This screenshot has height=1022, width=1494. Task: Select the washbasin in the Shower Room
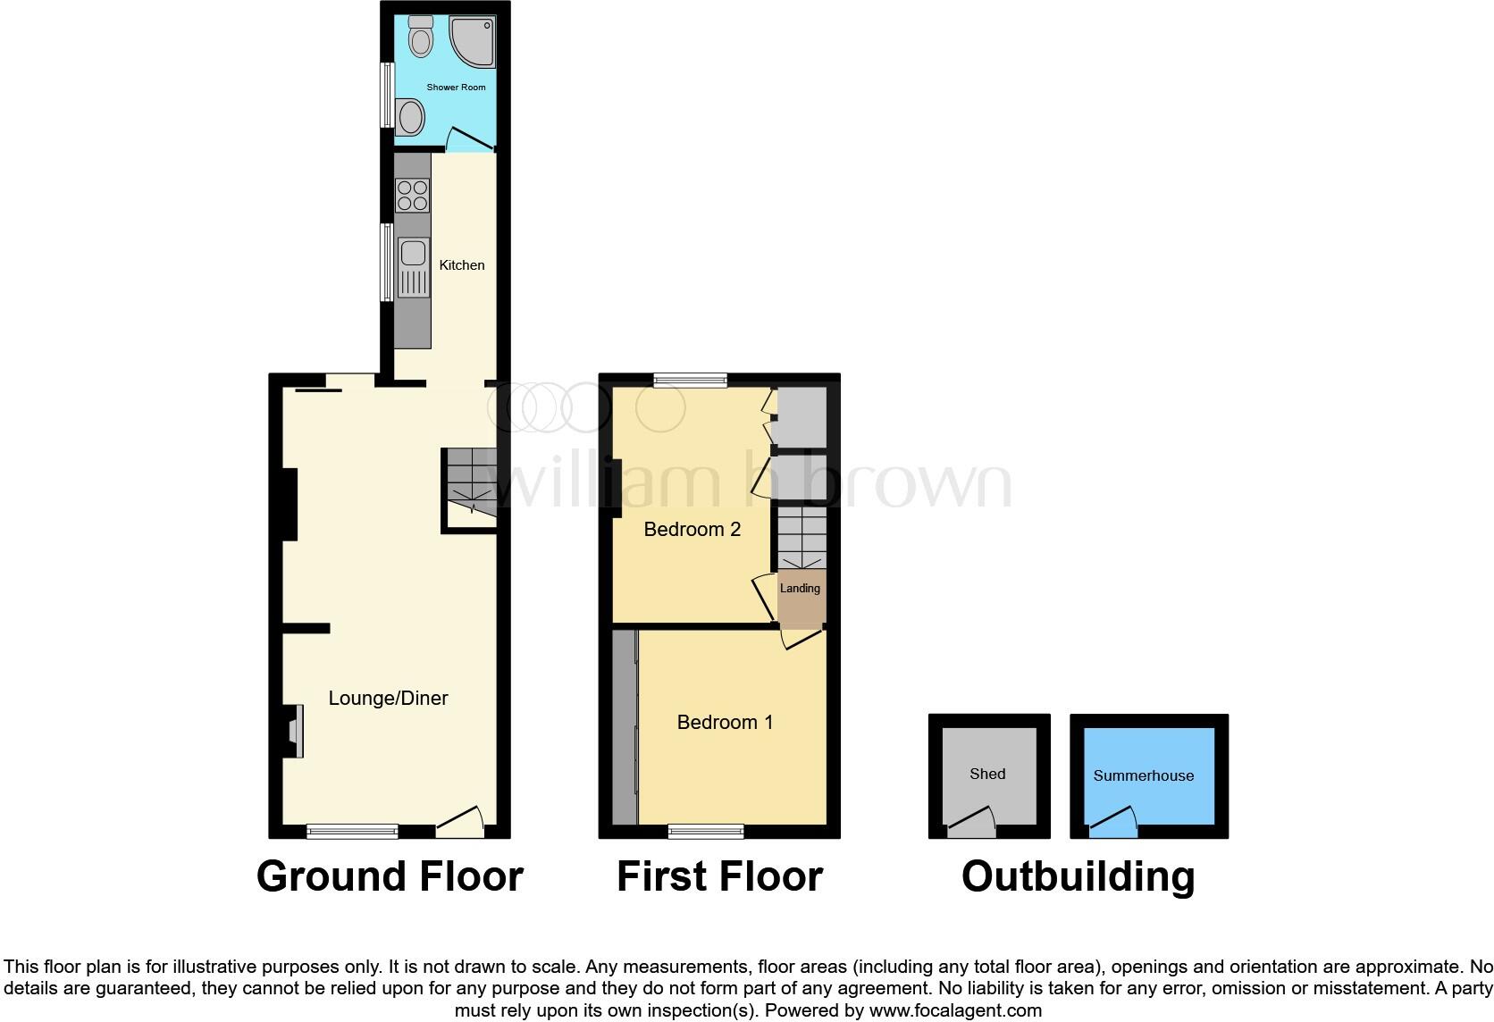[411, 117]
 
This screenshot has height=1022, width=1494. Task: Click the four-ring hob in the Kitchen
[412, 196]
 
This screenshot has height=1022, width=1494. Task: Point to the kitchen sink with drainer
[412, 267]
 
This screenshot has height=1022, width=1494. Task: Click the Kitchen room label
[461, 265]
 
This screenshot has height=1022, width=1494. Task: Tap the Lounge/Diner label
[388, 699]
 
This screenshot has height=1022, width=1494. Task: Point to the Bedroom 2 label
[692, 530]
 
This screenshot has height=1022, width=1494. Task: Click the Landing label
[800, 589]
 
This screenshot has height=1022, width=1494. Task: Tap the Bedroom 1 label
[725, 722]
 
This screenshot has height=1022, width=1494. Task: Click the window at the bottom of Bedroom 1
[706, 832]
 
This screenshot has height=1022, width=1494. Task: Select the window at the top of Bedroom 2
[690, 381]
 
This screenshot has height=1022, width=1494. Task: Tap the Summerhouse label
[1143, 775]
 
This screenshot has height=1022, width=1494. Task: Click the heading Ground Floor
[390, 876]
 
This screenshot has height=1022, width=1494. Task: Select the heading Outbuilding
[1078, 876]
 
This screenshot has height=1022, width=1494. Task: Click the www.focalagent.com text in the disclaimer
[955, 1010]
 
